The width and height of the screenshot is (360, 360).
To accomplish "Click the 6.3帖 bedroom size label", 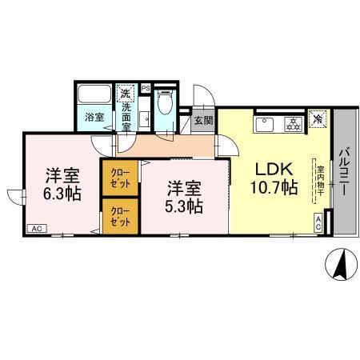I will click(62, 194).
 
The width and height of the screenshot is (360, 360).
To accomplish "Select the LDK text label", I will click(274, 170).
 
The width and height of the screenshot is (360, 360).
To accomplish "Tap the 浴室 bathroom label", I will click(94, 117).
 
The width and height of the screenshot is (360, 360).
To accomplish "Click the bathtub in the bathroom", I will click(94, 95).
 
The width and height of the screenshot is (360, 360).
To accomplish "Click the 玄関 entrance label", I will click(203, 122).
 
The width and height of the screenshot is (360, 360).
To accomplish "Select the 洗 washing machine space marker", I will click(126, 94).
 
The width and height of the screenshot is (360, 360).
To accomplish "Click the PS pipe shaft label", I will click(146, 87).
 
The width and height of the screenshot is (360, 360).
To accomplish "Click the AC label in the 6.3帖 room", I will click(36, 228).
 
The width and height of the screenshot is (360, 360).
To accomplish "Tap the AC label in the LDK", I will click(318, 223).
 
